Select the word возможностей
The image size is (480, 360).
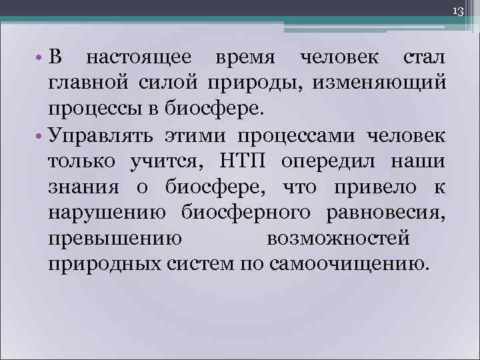click(x=337, y=238)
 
